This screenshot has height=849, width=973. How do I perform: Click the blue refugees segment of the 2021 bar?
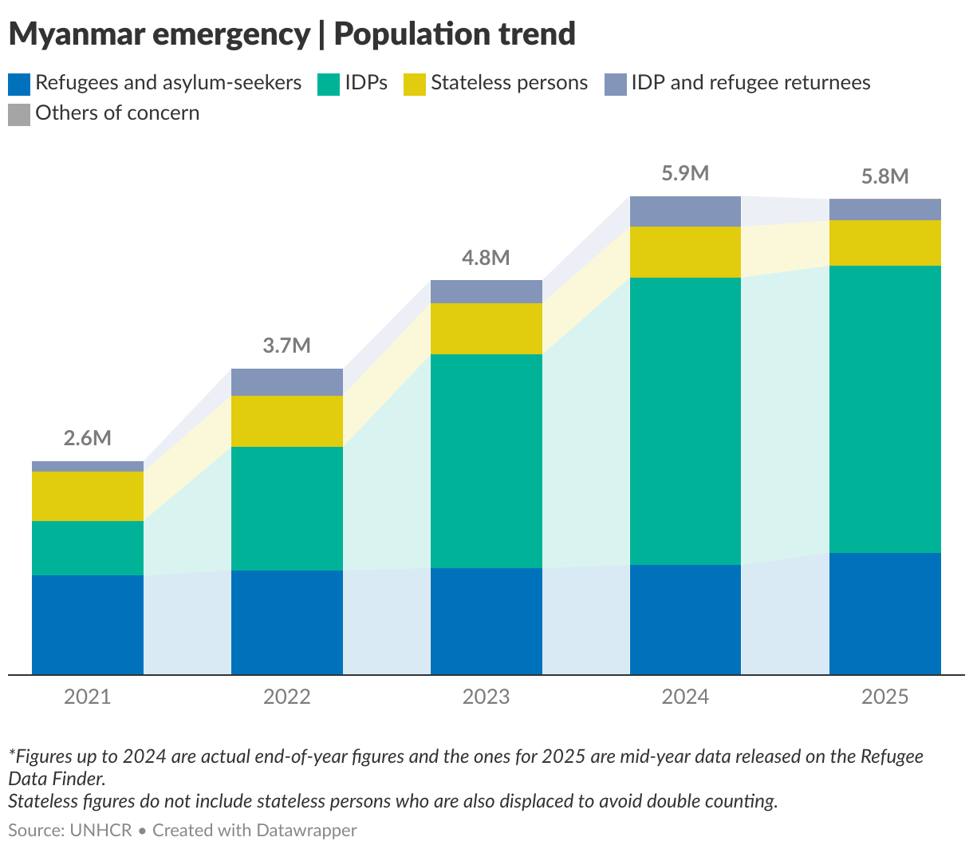pos(88,625)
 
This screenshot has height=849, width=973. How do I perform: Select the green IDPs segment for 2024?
pos(686,421)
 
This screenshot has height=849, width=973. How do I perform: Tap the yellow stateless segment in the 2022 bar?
pos(287,421)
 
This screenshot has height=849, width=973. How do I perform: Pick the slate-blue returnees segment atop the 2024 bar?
pos(686,211)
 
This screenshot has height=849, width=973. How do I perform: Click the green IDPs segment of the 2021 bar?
pos(88,547)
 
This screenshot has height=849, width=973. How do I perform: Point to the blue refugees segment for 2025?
pos(885,614)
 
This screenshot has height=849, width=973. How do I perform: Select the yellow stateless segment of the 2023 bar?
pos(486,328)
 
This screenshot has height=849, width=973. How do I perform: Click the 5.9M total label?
pos(686,173)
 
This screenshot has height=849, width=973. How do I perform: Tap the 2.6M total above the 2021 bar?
pos(88,438)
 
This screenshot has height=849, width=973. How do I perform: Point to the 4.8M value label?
pos(486,258)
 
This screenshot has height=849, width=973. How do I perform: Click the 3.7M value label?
pos(287,346)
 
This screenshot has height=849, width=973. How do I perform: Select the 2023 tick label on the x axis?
pos(486,697)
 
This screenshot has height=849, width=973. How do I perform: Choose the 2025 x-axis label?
pos(885,697)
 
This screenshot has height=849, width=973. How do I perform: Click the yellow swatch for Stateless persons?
pos(415,84)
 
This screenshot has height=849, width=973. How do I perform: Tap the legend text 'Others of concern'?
pos(117,113)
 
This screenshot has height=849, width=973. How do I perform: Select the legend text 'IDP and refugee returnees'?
pos(750,83)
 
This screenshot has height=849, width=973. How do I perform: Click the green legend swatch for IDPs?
pos(329,84)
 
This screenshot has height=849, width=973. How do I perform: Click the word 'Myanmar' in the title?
pos(77,34)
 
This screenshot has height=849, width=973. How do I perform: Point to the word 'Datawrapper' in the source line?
pos(307,831)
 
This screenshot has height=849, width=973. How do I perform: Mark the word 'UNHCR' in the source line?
pos(100,831)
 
